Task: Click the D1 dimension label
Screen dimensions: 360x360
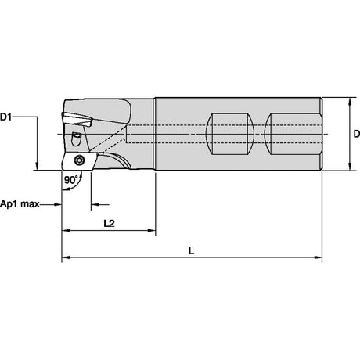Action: click(5, 117)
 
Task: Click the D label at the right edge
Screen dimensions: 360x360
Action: click(357, 134)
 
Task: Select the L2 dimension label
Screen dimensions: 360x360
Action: click(109, 223)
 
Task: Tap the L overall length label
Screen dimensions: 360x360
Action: click(192, 250)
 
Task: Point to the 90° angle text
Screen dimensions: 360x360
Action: click(71, 180)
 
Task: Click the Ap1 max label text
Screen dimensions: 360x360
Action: click(20, 203)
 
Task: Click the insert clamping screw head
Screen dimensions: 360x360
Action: click(78, 160)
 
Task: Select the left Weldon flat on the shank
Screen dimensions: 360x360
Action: click(230, 134)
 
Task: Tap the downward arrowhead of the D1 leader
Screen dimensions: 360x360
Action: click(37, 166)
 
